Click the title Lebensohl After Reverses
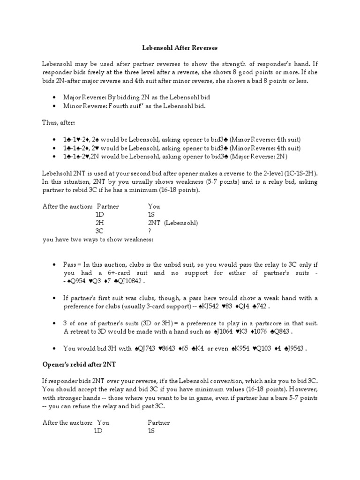[x=180, y=48]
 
